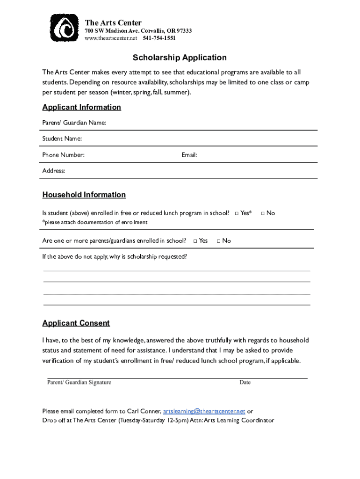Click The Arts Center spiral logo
(x=64, y=29)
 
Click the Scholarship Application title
(x=180, y=58)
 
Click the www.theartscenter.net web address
(x=110, y=38)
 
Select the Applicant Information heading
(x=81, y=107)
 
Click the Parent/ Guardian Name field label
(x=74, y=123)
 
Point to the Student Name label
(x=62, y=139)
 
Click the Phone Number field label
(x=63, y=155)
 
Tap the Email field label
(x=189, y=155)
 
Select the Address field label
(x=54, y=171)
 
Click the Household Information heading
(x=84, y=195)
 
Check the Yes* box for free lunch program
(x=237, y=213)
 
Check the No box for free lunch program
(x=263, y=213)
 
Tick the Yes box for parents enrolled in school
(x=195, y=241)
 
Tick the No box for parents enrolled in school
(x=219, y=241)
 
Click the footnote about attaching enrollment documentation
(x=95, y=222)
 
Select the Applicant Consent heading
(x=76, y=323)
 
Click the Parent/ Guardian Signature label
(x=79, y=382)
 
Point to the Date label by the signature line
(x=245, y=382)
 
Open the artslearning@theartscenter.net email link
(x=204, y=411)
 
